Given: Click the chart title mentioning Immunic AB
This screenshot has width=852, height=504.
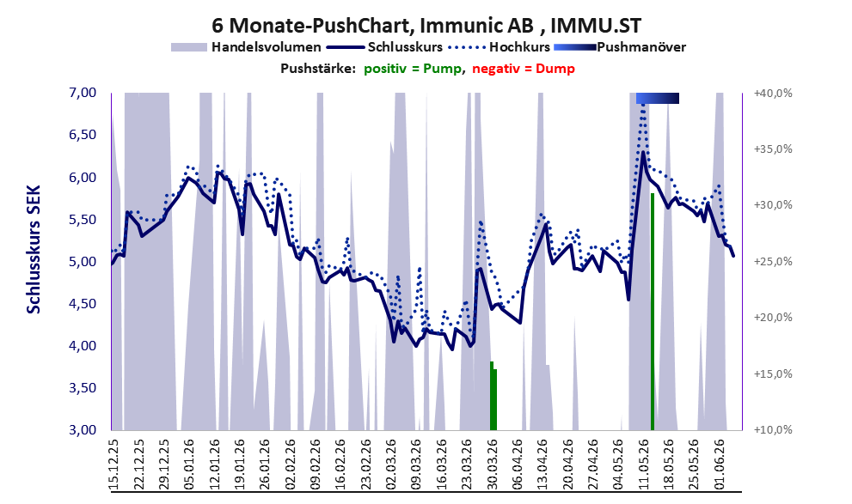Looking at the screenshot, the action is [x=426, y=25].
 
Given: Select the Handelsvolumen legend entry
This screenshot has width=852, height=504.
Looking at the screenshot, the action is [x=246, y=47].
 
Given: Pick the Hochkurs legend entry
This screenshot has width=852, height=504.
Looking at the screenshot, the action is [x=499, y=47].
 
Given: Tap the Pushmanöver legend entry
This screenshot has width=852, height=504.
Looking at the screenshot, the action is [x=619, y=47].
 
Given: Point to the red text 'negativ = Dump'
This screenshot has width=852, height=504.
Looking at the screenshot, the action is [x=524, y=69].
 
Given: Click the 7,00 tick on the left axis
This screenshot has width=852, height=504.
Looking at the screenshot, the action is [x=83, y=93].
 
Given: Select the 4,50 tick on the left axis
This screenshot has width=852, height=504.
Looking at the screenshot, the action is [x=83, y=304].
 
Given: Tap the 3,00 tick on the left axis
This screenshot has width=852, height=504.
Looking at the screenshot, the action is [x=83, y=429].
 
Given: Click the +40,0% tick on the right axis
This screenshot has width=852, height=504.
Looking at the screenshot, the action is [x=773, y=94].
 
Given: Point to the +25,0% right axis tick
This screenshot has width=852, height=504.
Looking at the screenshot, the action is [x=773, y=262].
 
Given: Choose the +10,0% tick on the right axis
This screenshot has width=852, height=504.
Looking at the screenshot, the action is [x=773, y=429].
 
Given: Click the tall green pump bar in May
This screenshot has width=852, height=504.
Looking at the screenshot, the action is [x=652, y=311].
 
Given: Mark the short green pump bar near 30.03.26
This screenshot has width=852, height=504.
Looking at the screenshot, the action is [x=493, y=396].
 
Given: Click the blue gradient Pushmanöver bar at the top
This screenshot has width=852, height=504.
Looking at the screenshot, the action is [x=658, y=98].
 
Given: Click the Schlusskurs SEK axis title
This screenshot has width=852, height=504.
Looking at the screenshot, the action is [x=34, y=250].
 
